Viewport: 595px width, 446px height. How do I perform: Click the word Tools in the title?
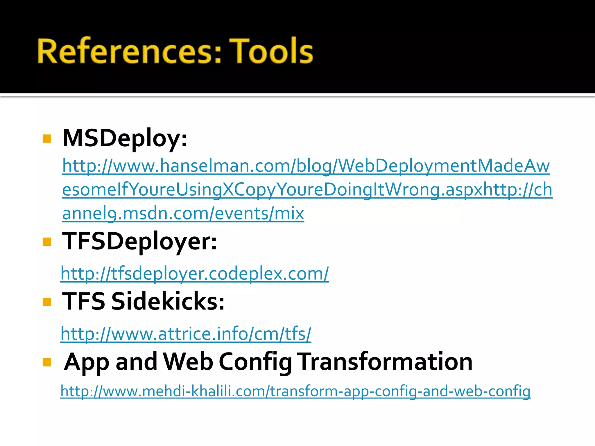point(271,51)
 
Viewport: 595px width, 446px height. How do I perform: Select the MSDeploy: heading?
point(125,138)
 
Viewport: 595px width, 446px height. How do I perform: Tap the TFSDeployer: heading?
point(139,241)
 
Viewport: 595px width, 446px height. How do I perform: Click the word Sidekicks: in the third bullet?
point(168,301)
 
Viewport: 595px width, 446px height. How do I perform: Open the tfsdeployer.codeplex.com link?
point(195,274)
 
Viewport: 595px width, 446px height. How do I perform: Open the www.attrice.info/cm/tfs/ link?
point(186,334)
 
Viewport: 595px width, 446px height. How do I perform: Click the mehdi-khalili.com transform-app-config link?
point(295,391)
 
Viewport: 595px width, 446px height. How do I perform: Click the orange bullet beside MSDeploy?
point(47,139)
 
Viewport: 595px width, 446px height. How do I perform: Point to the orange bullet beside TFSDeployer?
point(47,242)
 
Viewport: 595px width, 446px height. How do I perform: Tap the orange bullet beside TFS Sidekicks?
point(47,302)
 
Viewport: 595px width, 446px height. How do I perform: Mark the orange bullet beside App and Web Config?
point(47,362)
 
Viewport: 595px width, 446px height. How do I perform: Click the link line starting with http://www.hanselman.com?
point(306,166)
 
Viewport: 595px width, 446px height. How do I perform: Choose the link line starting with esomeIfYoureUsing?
point(307,190)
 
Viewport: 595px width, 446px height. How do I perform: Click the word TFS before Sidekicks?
point(84,301)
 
